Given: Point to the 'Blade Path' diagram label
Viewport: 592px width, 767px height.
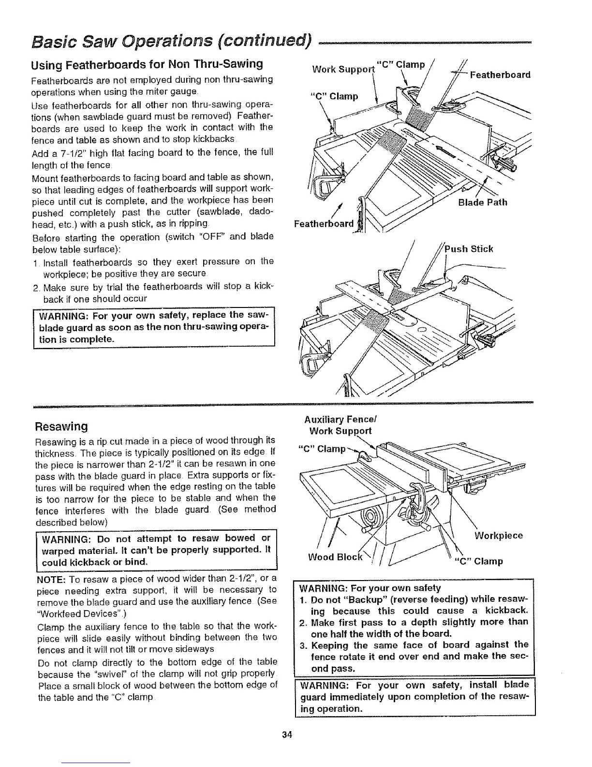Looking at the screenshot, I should pyautogui.click(x=483, y=202).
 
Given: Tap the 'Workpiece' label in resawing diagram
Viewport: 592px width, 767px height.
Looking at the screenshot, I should pyautogui.click(x=499, y=536).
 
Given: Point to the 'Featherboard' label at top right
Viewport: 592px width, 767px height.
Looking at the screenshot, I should pyautogui.click(x=500, y=75).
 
